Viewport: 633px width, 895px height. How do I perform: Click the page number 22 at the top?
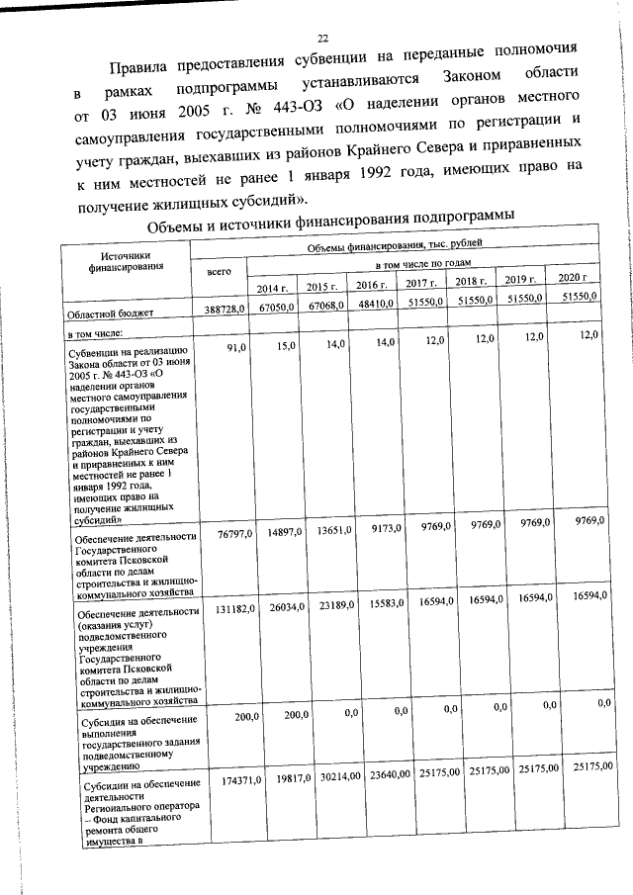pyautogui.click(x=308, y=38)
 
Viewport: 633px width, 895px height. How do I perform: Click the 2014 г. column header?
pyautogui.click(x=272, y=288)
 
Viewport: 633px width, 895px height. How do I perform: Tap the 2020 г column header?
pyautogui.click(x=573, y=276)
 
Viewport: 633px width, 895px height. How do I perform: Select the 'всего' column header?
pyautogui.click(x=218, y=270)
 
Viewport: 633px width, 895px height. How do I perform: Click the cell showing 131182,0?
pyautogui.click(x=234, y=610)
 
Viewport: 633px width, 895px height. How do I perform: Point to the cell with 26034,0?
pyautogui.click(x=285, y=607)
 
